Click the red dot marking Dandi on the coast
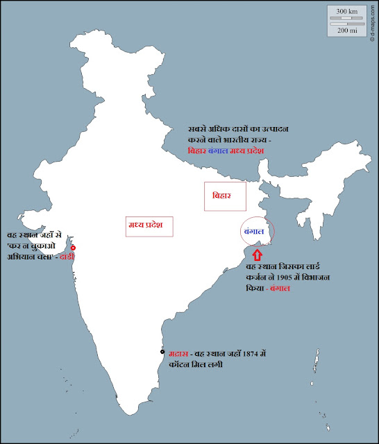tap(73, 248)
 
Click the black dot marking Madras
tap(162, 352)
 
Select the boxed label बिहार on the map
tap(226, 196)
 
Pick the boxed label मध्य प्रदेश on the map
tap(149, 226)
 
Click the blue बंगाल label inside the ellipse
tap(254, 231)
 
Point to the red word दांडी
tap(67, 256)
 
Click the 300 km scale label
tap(346, 12)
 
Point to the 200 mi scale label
tap(346, 30)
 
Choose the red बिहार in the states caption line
tap(197, 151)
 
